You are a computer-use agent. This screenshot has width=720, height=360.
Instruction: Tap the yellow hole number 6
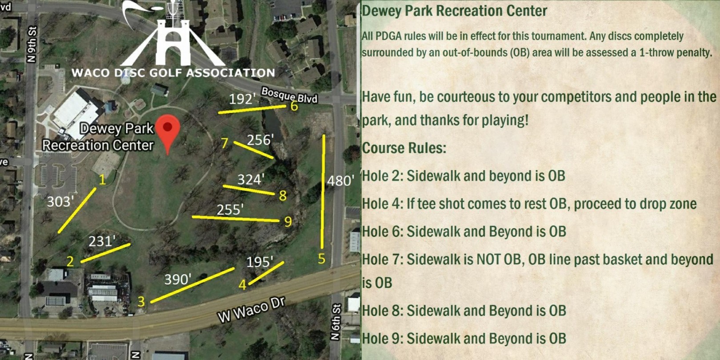tap(294, 106)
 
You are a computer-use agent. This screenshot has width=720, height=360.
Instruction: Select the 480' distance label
tap(341, 181)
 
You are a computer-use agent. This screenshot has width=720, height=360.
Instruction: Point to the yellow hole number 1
tap(103, 180)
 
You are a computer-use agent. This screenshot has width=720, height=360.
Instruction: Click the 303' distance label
tap(60, 202)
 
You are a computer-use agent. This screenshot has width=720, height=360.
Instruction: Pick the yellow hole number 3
tap(141, 302)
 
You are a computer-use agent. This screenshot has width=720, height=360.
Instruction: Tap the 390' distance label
tap(178, 279)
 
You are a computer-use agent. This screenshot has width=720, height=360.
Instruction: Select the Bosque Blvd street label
tap(289, 95)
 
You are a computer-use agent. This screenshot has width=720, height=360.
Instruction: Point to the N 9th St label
tap(32, 44)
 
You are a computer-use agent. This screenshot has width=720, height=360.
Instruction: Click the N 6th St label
tap(336, 322)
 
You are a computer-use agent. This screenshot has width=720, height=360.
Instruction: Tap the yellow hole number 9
tap(288, 222)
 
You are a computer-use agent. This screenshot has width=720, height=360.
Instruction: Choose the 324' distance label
tap(251, 180)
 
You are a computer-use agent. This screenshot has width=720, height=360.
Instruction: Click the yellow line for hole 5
tap(323, 192)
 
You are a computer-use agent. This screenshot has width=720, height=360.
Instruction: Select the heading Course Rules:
tap(404, 148)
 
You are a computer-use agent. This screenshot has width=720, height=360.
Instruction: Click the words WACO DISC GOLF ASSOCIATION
tap(173, 72)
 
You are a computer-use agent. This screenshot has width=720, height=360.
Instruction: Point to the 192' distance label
tap(242, 99)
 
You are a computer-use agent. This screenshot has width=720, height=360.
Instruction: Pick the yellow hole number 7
tap(225, 144)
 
